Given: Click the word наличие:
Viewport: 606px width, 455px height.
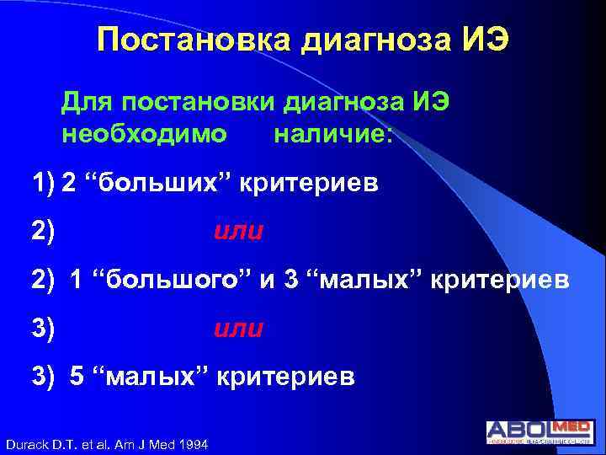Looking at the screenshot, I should (x=332, y=134).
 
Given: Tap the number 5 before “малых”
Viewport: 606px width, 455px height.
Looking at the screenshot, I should (x=77, y=377).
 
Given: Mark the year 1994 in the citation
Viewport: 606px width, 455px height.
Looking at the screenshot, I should (x=194, y=444).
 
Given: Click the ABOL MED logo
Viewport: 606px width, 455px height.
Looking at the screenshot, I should (x=540, y=431).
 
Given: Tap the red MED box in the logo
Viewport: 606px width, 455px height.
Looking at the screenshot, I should (x=571, y=427).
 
